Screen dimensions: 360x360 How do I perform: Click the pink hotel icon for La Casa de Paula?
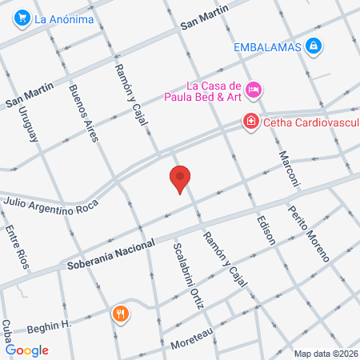254,90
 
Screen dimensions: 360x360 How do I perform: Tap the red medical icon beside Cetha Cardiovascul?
250,122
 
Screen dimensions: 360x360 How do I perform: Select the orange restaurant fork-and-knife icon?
121,314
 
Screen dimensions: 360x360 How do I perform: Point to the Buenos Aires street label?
83,113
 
